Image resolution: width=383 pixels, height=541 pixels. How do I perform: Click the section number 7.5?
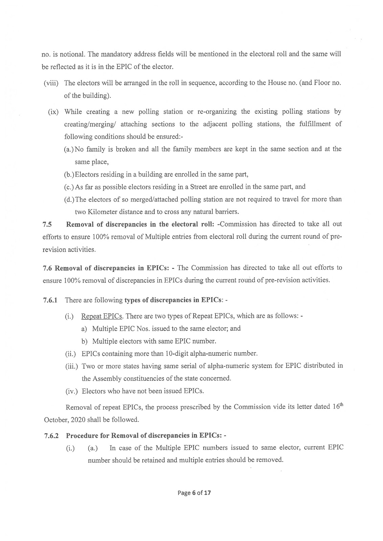(x=47, y=224)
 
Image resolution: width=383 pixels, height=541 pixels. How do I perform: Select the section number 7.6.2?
(x=51, y=436)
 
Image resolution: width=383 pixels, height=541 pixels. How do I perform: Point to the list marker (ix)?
(x=54, y=112)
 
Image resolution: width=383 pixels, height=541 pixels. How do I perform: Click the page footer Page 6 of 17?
(x=194, y=493)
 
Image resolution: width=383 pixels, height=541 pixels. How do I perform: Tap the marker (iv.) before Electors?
(x=71, y=391)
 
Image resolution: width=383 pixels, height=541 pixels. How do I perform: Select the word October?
(x=55, y=420)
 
